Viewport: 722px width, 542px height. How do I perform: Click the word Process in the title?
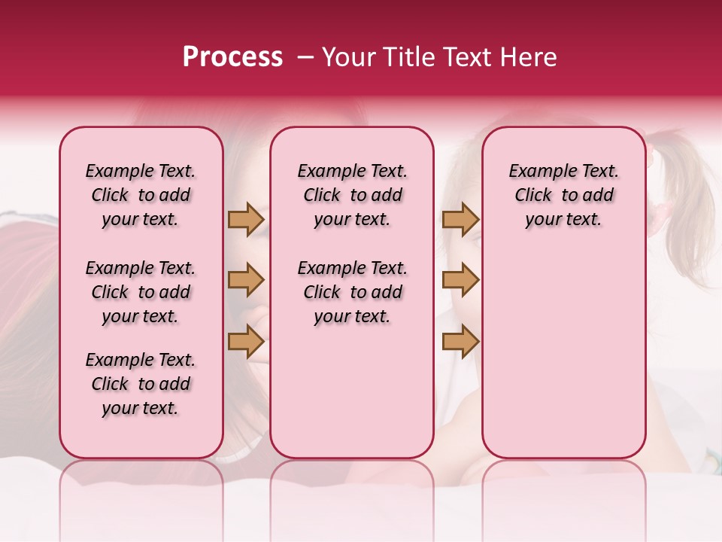tap(232, 57)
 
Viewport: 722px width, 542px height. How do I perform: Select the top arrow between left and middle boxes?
tap(246, 219)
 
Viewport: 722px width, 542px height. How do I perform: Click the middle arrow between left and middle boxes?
tap(246, 280)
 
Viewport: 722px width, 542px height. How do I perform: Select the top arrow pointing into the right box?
tap(460, 219)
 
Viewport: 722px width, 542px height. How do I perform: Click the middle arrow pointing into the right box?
tap(460, 280)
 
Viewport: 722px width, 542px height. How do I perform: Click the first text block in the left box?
tap(141, 195)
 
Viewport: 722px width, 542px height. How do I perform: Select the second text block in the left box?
tap(141, 292)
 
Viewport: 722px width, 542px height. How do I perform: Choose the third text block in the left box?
tap(141, 384)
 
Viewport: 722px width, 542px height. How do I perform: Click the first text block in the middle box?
tap(352, 195)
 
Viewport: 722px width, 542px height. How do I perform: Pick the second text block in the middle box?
tap(352, 292)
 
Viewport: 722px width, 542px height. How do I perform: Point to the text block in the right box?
tap(563, 195)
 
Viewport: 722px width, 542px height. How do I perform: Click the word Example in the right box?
tap(538, 172)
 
